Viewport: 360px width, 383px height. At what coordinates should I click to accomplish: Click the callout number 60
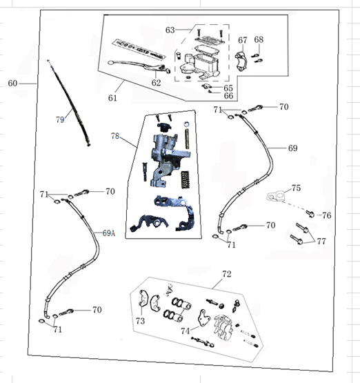pos(12,84)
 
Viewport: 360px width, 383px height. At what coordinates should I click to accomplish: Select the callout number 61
pos(112,98)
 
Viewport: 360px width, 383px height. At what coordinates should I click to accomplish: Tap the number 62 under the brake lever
pos(156,83)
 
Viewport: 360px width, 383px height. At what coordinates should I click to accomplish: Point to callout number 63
pos(170,30)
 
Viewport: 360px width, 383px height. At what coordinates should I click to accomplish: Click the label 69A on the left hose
pos(108,233)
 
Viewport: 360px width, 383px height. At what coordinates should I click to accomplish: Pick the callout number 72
pos(226,274)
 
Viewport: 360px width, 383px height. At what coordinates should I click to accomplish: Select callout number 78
pos(115,135)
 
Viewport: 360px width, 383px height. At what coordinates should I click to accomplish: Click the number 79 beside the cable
pos(60,119)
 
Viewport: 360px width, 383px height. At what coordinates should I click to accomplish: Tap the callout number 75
pos(296,188)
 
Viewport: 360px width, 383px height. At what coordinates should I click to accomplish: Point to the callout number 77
pos(321,241)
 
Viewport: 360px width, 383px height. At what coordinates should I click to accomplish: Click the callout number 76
pos(327,215)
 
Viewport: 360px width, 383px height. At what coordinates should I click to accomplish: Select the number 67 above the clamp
pos(243,40)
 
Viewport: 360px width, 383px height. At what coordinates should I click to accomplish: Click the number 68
pos(259,39)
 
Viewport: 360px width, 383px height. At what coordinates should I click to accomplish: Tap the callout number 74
pos(186,331)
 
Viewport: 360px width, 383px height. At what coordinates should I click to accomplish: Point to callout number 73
pos(140,321)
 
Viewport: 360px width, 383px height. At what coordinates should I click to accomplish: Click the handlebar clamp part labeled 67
pos(241,61)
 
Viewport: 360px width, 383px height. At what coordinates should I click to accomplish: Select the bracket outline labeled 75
pos(276,197)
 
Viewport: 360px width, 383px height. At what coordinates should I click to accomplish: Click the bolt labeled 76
pos(310,214)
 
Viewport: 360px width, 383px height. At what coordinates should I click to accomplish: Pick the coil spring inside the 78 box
pos(186,179)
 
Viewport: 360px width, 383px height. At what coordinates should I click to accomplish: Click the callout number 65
pos(228,88)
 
